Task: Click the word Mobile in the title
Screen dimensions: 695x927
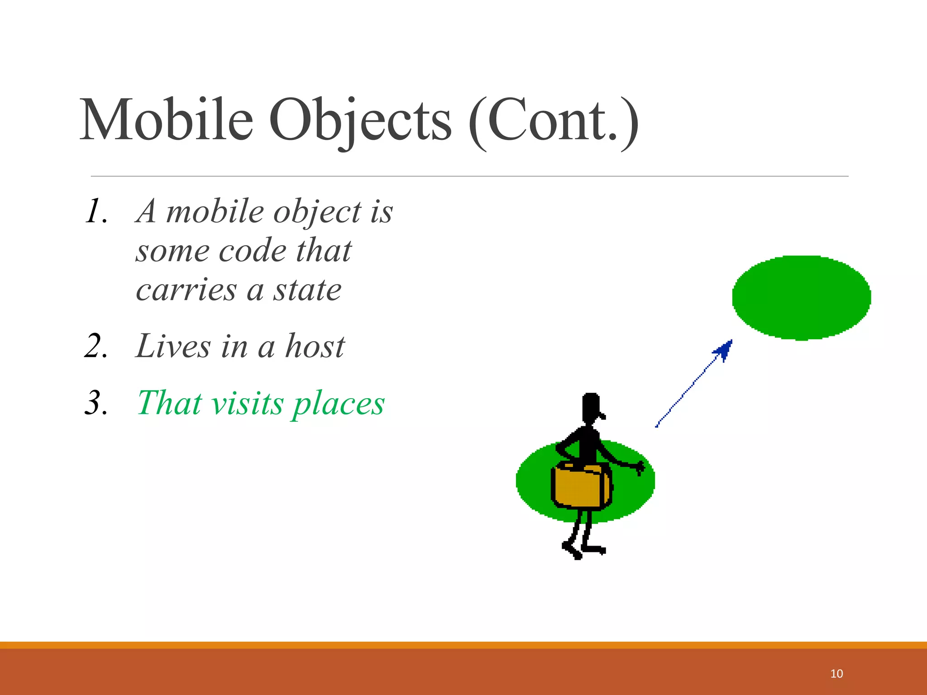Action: pos(166,120)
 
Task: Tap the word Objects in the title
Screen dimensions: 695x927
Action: pos(360,121)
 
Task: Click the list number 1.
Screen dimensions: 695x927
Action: pos(96,212)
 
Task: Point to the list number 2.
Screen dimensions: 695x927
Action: pos(96,347)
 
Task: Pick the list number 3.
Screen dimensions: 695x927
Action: pos(96,403)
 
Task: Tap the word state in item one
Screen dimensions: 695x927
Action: pos(307,290)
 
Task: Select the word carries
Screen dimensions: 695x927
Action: pos(186,290)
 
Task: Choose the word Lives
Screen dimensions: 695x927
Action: pos(173,347)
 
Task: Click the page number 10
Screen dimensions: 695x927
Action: pos(836,674)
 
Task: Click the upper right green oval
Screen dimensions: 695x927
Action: pos(801,297)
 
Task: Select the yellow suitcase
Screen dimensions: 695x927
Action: pos(581,486)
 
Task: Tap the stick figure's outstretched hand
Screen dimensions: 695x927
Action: pos(640,468)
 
